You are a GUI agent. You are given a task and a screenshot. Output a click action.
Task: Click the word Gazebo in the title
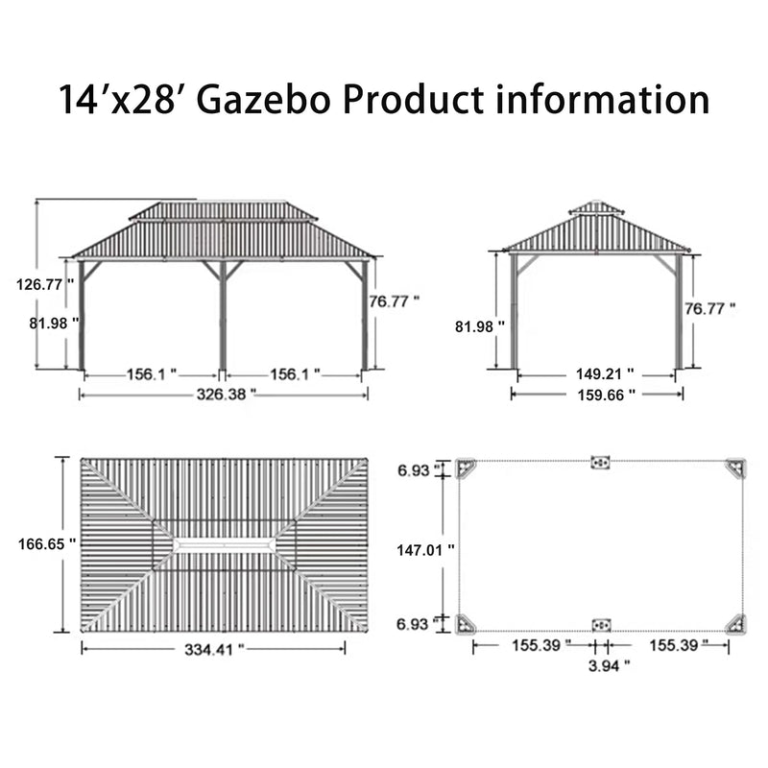[252, 99]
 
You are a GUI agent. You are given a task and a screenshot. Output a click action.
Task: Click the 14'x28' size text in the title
[113, 99]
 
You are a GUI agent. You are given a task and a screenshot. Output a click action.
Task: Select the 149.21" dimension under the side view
[595, 375]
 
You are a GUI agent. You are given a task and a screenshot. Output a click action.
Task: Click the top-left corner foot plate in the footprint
[467, 468]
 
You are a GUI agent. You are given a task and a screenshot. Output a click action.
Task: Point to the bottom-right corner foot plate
[735, 623]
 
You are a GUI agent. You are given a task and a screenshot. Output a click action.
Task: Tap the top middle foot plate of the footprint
[601, 463]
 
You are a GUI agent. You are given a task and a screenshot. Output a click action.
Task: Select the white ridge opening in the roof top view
[224, 544]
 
